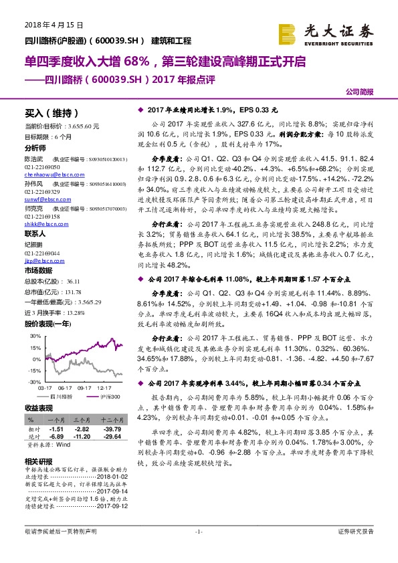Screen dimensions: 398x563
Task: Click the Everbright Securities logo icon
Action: (288, 33)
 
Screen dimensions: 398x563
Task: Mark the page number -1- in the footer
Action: (199, 550)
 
